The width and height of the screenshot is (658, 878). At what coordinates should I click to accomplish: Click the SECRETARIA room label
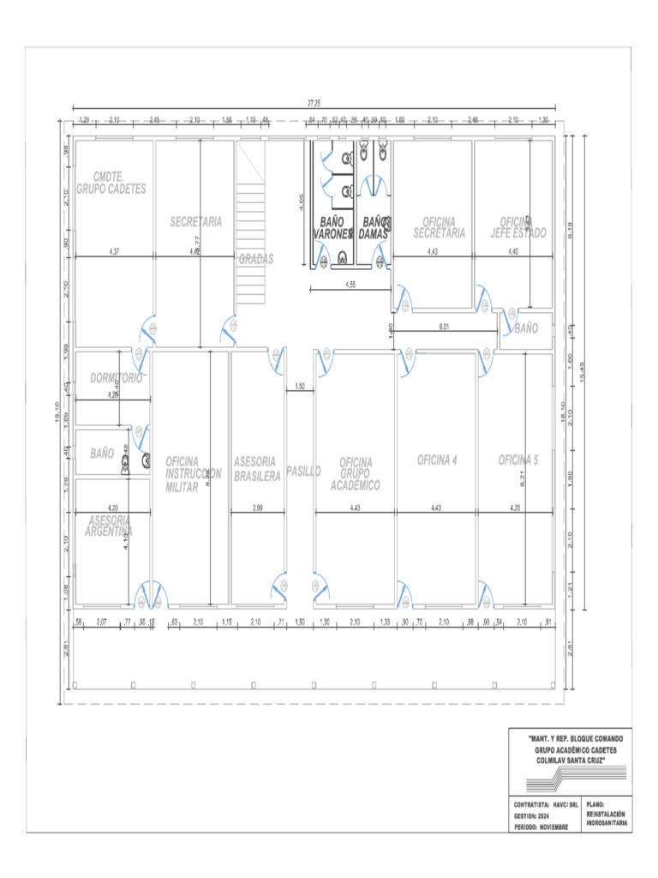(195, 221)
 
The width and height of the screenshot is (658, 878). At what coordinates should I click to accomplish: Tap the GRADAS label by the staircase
(256, 258)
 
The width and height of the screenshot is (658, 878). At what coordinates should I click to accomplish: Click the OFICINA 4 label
(437, 460)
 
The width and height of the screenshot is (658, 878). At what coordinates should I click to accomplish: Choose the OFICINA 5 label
(518, 460)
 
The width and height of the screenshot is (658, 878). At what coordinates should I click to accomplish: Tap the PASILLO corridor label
(303, 471)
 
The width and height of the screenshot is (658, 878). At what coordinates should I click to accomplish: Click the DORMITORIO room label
(116, 377)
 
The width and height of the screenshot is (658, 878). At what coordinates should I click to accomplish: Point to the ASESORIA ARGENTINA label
(109, 526)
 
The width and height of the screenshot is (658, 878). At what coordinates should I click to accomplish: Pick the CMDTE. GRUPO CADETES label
(111, 183)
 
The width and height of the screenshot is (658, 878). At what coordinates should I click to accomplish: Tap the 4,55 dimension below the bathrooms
(351, 284)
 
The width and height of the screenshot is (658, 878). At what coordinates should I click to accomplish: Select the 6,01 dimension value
(445, 327)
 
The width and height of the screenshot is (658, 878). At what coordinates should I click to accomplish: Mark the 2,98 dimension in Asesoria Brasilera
(257, 508)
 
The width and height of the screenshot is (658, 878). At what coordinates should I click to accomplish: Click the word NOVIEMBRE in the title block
(549, 826)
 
